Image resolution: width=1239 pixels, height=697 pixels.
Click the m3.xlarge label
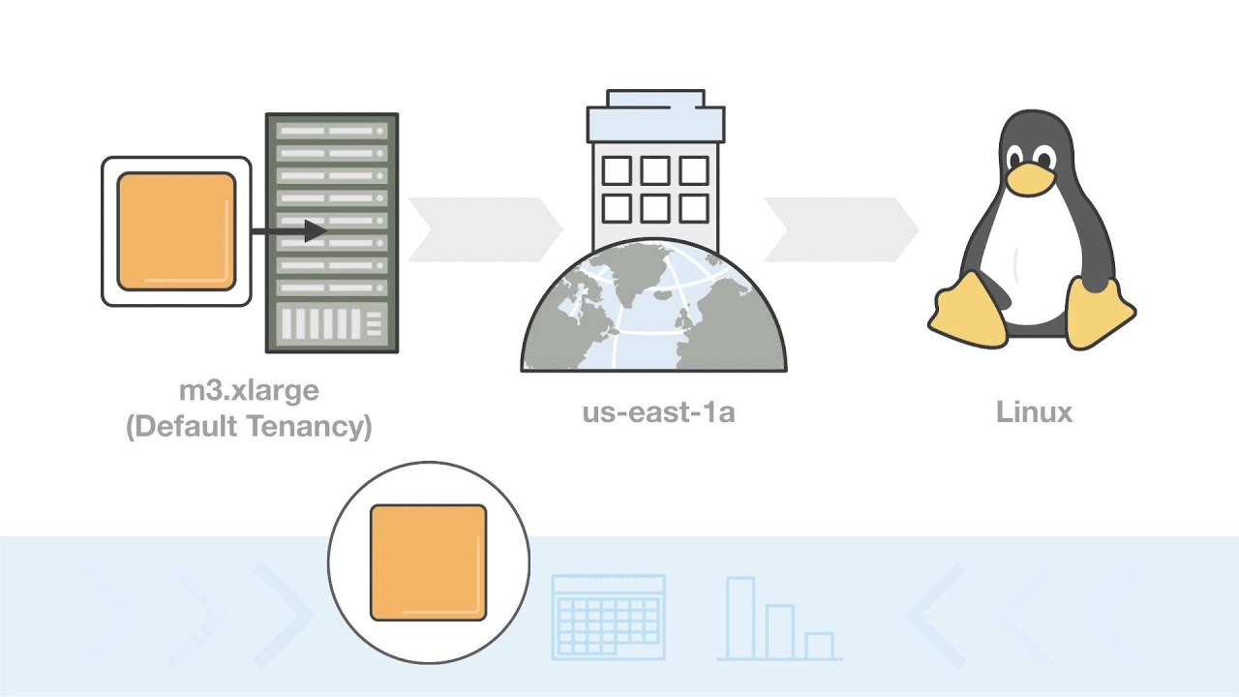[x=249, y=391]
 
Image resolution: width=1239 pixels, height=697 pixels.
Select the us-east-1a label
[x=658, y=412]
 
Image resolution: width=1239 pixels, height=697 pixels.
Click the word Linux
[x=1034, y=412]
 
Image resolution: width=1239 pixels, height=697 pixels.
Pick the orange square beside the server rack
[x=176, y=231]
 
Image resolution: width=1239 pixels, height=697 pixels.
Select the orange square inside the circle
[x=428, y=562]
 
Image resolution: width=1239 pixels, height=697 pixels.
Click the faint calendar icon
[x=608, y=617]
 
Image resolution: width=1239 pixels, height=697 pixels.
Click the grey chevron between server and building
[x=484, y=230]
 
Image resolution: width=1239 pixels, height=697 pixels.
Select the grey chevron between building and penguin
[x=840, y=230]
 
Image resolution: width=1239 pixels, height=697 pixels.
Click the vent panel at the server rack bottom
[x=332, y=325]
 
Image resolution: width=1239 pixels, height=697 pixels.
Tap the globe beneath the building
[x=654, y=310]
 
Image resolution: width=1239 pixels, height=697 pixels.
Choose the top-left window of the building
[x=617, y=171]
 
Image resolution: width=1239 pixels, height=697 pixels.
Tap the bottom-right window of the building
[x=693, y=208]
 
